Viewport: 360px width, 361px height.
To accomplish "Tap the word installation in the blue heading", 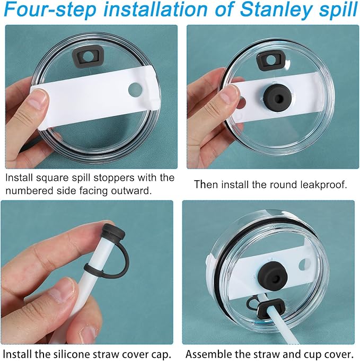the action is (x=156, y=9).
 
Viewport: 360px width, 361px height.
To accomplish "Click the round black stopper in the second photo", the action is (x=278, y=99).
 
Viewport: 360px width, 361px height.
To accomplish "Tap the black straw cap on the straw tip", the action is (x=113, y=231).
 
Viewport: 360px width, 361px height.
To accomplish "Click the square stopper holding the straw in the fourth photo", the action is (x=271, y=308).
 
